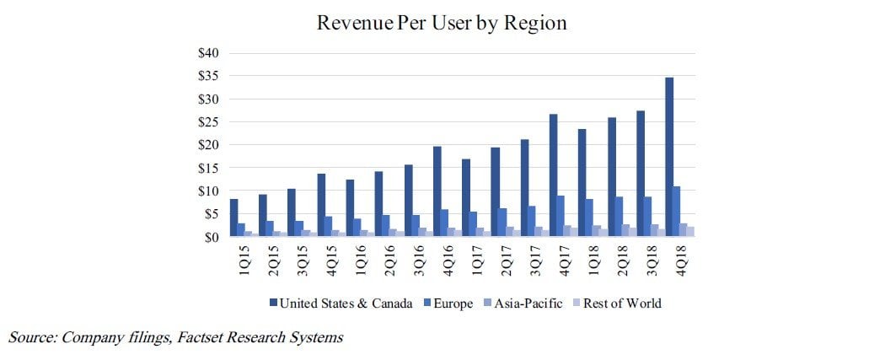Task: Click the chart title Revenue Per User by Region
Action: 442,23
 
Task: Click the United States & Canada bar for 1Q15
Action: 234,218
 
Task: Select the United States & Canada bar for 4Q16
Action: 437,191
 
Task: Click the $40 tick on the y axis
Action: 208,53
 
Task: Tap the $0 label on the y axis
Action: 212,237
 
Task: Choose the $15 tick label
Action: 208,168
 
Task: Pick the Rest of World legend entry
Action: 622,303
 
